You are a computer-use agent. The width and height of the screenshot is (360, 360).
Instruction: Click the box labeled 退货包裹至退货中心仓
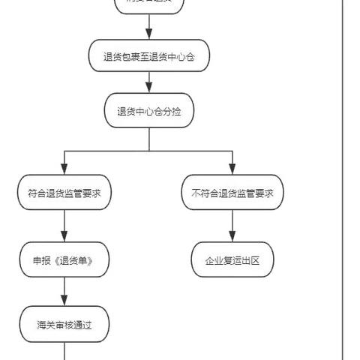click(x=148, y=55)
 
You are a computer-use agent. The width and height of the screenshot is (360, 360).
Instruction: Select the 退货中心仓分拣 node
click(x=148, y=111)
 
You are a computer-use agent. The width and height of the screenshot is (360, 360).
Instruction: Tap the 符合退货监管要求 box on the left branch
click(x=64, y=193)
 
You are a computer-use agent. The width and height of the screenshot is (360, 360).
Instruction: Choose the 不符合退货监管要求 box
click(x=232, y=193)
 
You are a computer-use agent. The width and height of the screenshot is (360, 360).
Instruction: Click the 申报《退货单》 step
click(x=64, y=260)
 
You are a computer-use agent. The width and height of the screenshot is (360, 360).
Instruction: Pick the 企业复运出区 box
click(x=232, y=260)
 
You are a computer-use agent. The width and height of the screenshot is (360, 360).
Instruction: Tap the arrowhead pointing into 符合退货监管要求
click(x=64, y=172)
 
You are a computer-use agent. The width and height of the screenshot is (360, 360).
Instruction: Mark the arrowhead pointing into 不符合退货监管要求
click(x=232, y=172)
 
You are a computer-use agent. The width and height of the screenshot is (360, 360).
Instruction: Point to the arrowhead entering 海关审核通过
click(x=64, y=304)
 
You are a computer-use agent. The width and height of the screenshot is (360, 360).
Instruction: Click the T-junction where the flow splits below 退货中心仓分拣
click(x=148, y=151)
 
